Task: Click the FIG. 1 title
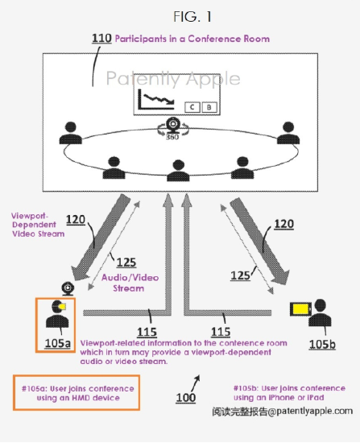(192, 17)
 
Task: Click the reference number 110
(101, 39)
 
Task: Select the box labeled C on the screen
(192, 107)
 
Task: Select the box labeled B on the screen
(209, 107)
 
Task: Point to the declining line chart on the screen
(156, 99)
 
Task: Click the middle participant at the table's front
(178, 171)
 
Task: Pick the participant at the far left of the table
(71, 133)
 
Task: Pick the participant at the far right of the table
(288, 133)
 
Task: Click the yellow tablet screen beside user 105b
(300, 308)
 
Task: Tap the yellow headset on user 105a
(62, 306)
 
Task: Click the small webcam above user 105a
(68, 288)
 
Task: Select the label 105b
(322, 345)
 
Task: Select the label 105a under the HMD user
(58, 343)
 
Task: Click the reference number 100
(186, 398)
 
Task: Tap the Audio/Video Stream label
(130, 283)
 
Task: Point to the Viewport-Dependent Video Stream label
(38, 225)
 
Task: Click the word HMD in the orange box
(81, 398)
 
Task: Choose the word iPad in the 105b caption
(317, 398)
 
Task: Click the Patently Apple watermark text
(173, 78)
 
